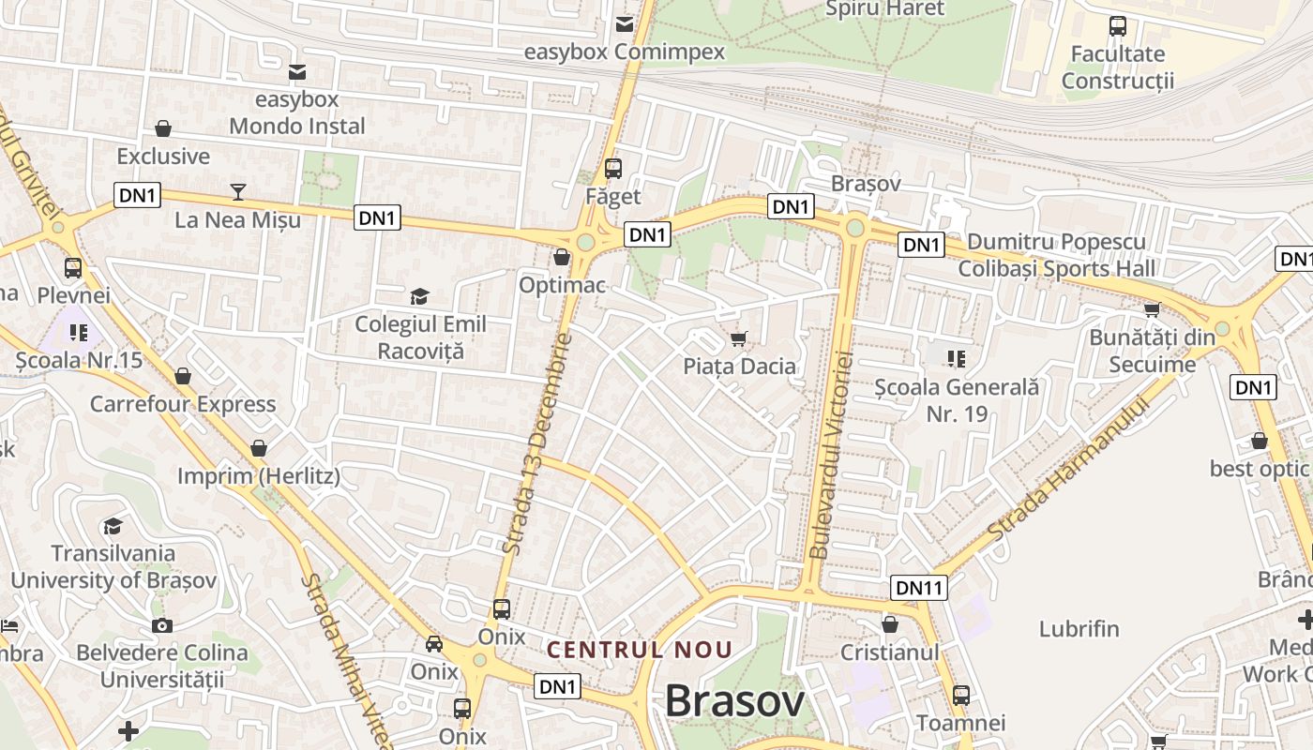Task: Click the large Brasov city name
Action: (734, 701)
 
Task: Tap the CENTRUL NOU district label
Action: (639, 649)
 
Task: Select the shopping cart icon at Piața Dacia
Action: (739, 337)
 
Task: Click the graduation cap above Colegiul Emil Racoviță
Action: (419, 297)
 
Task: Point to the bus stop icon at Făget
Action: (613, 169)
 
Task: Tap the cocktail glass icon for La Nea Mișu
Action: (238, 192)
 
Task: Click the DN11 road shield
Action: (918, 588)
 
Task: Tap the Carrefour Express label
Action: (183, 404)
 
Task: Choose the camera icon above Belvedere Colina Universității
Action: (162, 625)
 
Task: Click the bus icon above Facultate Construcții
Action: (1118, 26)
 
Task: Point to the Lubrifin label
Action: (1079, 628)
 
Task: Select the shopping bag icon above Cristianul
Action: (890, 623)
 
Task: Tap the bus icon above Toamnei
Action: (961, 696)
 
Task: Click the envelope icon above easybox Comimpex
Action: (624, 24)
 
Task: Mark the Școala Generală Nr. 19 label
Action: (957, 399)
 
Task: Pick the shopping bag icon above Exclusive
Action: (163, 128)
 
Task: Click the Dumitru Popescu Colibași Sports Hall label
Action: (1056, 255)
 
